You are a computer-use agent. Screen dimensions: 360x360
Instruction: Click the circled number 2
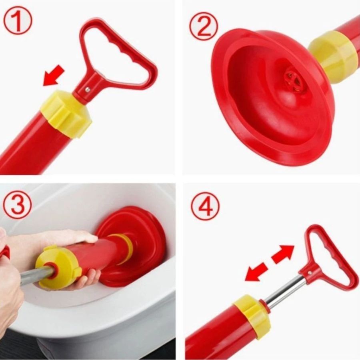pyautogui.click(x=204, y=26)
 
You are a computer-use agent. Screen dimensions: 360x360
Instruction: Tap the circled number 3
pyautogui.click(x=18, y=205)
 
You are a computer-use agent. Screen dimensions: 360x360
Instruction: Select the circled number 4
pyautogui.click(x=205, y=206)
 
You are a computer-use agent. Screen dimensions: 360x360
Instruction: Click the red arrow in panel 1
pyautogui.click(x=54, y=75)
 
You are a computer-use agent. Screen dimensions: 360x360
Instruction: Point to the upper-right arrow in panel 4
pyautogui.click(x=283, y=254)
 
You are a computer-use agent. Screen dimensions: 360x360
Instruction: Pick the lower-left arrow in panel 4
pyautogui.click(x=256, y=272)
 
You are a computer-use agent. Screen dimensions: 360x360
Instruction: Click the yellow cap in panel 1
pyautogui.click(x=66, y=114)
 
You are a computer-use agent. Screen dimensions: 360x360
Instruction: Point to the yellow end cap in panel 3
pyautogui.click(x=58, y=267)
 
